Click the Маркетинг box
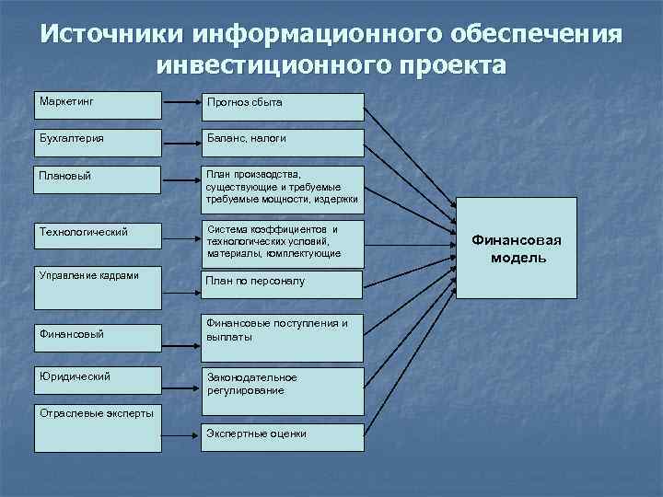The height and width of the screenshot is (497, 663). click(99, 105)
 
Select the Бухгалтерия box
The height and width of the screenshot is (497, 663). click(99, 143)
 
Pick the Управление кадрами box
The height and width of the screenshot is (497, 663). click(99, 288)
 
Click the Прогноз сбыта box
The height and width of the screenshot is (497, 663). click(283, 107)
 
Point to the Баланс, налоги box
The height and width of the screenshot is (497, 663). click(283, 143)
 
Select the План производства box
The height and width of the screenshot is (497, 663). click(283, 188)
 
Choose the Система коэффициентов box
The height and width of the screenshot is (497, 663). click(283, 241)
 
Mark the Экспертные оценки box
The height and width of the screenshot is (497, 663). click(283, 437)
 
